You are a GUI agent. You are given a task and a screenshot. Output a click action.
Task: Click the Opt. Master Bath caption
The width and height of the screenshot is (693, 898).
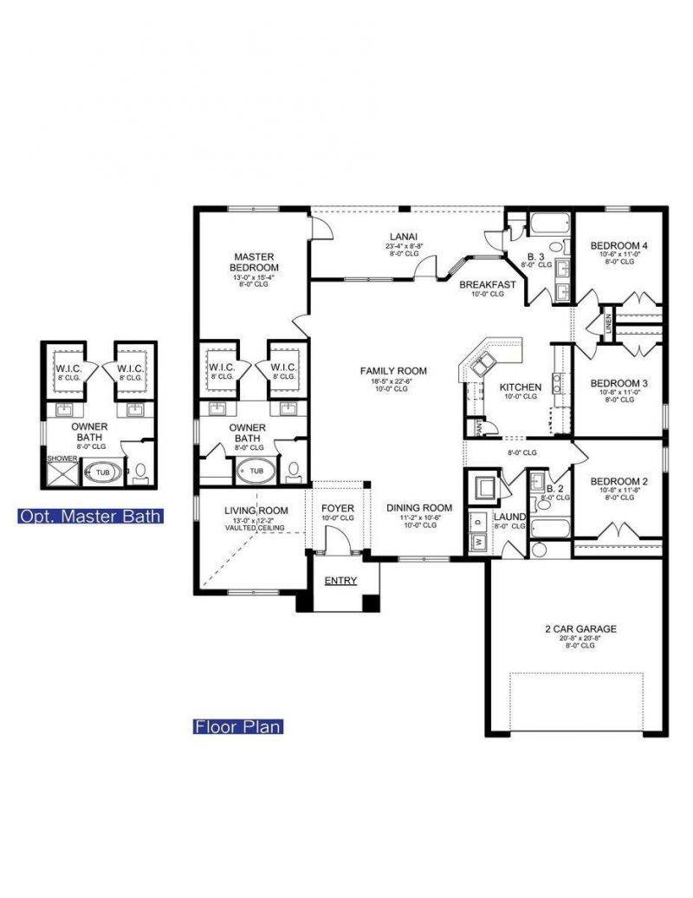[x=91, y=517]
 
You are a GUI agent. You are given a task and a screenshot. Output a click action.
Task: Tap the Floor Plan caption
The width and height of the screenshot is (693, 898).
[x=237, y=726]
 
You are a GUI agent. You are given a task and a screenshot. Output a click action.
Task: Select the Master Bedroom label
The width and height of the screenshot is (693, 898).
[x=254, y=262]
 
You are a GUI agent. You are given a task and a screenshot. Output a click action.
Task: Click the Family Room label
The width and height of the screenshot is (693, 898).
[x=394, y=371]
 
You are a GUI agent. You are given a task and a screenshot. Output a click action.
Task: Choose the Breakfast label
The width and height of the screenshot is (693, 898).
[x=487, y=284]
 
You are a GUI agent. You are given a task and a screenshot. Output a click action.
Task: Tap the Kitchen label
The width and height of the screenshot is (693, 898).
[x=520, y=387]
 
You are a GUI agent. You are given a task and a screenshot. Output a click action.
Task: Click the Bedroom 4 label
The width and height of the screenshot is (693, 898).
[x=619, y=245]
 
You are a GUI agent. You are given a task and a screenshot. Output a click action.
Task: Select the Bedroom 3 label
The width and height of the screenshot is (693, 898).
[x=619, y=382]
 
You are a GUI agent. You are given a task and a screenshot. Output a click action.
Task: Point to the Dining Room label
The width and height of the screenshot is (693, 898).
[x=419, y=508]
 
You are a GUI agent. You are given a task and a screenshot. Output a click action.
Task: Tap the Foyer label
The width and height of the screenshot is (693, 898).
[x=338, y=508]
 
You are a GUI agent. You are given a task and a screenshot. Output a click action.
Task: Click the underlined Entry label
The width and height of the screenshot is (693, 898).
[x=340, y=580]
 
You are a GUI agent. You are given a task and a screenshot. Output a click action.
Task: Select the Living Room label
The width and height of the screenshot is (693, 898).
[x=256, y=511]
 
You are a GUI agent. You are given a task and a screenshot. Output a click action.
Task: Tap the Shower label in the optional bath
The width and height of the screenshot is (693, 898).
[x=57, y=459]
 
